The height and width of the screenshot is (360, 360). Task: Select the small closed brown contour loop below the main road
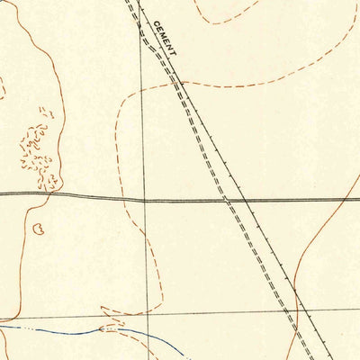coord(38,230)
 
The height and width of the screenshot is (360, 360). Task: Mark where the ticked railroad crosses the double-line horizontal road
coord(245,199)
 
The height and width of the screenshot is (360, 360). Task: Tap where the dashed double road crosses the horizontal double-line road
coord(228,199)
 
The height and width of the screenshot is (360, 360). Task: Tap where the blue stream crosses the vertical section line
coord(144,332)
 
